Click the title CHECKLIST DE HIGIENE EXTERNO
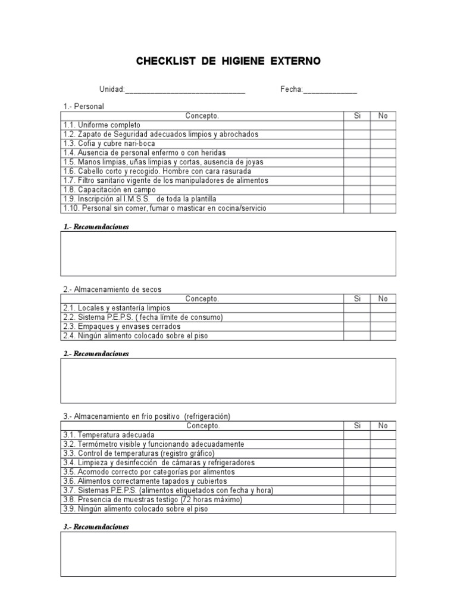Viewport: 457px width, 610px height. [x=228, y=61]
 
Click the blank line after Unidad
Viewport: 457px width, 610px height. [x=185, y=91]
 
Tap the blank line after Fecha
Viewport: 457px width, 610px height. [x=330, y=91]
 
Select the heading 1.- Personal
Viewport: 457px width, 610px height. [x=84, y=106]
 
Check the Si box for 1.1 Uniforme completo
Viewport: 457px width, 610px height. [x=357, y=125]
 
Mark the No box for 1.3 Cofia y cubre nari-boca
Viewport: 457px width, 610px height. [x=383, y=144]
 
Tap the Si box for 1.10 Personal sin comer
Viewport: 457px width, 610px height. [x=357, y=208]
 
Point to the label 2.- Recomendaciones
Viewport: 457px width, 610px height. [x=96, y=354]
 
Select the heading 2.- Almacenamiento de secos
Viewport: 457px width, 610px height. [x=112, y=290]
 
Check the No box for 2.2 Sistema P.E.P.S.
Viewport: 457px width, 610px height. [x=383, y=318]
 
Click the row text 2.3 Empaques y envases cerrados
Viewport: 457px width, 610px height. [x=121, y=326]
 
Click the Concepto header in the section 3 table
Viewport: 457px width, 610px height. [x=202, y=426]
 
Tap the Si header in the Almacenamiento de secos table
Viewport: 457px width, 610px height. [x=357, y=299]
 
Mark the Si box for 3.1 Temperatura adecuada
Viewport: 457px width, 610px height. [x=357, y=435]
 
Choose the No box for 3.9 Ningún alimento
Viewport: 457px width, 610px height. [x=383, y=509]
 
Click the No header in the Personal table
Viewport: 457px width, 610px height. [x=383, y=116]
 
